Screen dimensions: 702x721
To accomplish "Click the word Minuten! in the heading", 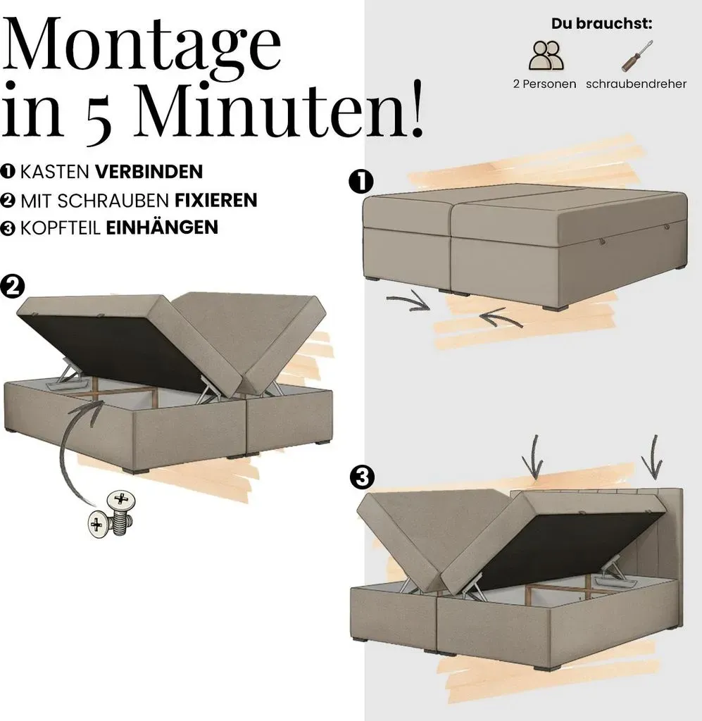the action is point(279,110).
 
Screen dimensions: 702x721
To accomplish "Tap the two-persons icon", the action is point(546,56).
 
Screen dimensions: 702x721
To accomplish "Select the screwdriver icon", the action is point(637,56).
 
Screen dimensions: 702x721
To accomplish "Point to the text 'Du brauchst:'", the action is point(602,23).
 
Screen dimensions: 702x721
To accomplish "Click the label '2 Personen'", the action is point(545,84).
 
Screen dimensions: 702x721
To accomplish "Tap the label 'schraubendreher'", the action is point(637,84).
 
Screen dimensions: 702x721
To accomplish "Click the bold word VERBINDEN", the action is point(149,172).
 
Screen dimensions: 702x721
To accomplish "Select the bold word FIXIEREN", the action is point(215,201).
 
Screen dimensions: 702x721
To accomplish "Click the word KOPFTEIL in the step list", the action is point(61,228).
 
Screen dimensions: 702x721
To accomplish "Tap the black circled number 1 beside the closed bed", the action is point(361,182).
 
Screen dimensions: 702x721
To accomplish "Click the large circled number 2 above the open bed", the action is point(13,287).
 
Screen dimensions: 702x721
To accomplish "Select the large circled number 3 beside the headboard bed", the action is point(362,477).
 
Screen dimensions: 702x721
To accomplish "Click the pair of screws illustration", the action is point(112,514).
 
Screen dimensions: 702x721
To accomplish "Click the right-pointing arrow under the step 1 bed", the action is point(408,301).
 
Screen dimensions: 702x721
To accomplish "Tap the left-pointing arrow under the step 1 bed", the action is point(500,318).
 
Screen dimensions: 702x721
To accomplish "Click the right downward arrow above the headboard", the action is point(653,457).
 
